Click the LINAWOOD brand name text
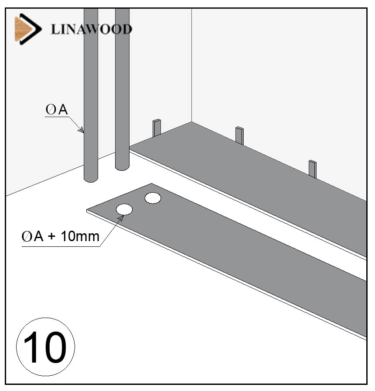pos(91,29)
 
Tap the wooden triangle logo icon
pos(24,29)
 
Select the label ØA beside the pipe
pos(57,111)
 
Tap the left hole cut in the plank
pos(124,209)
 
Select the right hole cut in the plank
pos(153,198)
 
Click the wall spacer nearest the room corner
pos(157,128)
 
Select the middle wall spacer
pos(239,135)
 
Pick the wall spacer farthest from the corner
pos(312,168)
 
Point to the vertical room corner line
pos(191,66)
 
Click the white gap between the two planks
pos(262,227)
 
